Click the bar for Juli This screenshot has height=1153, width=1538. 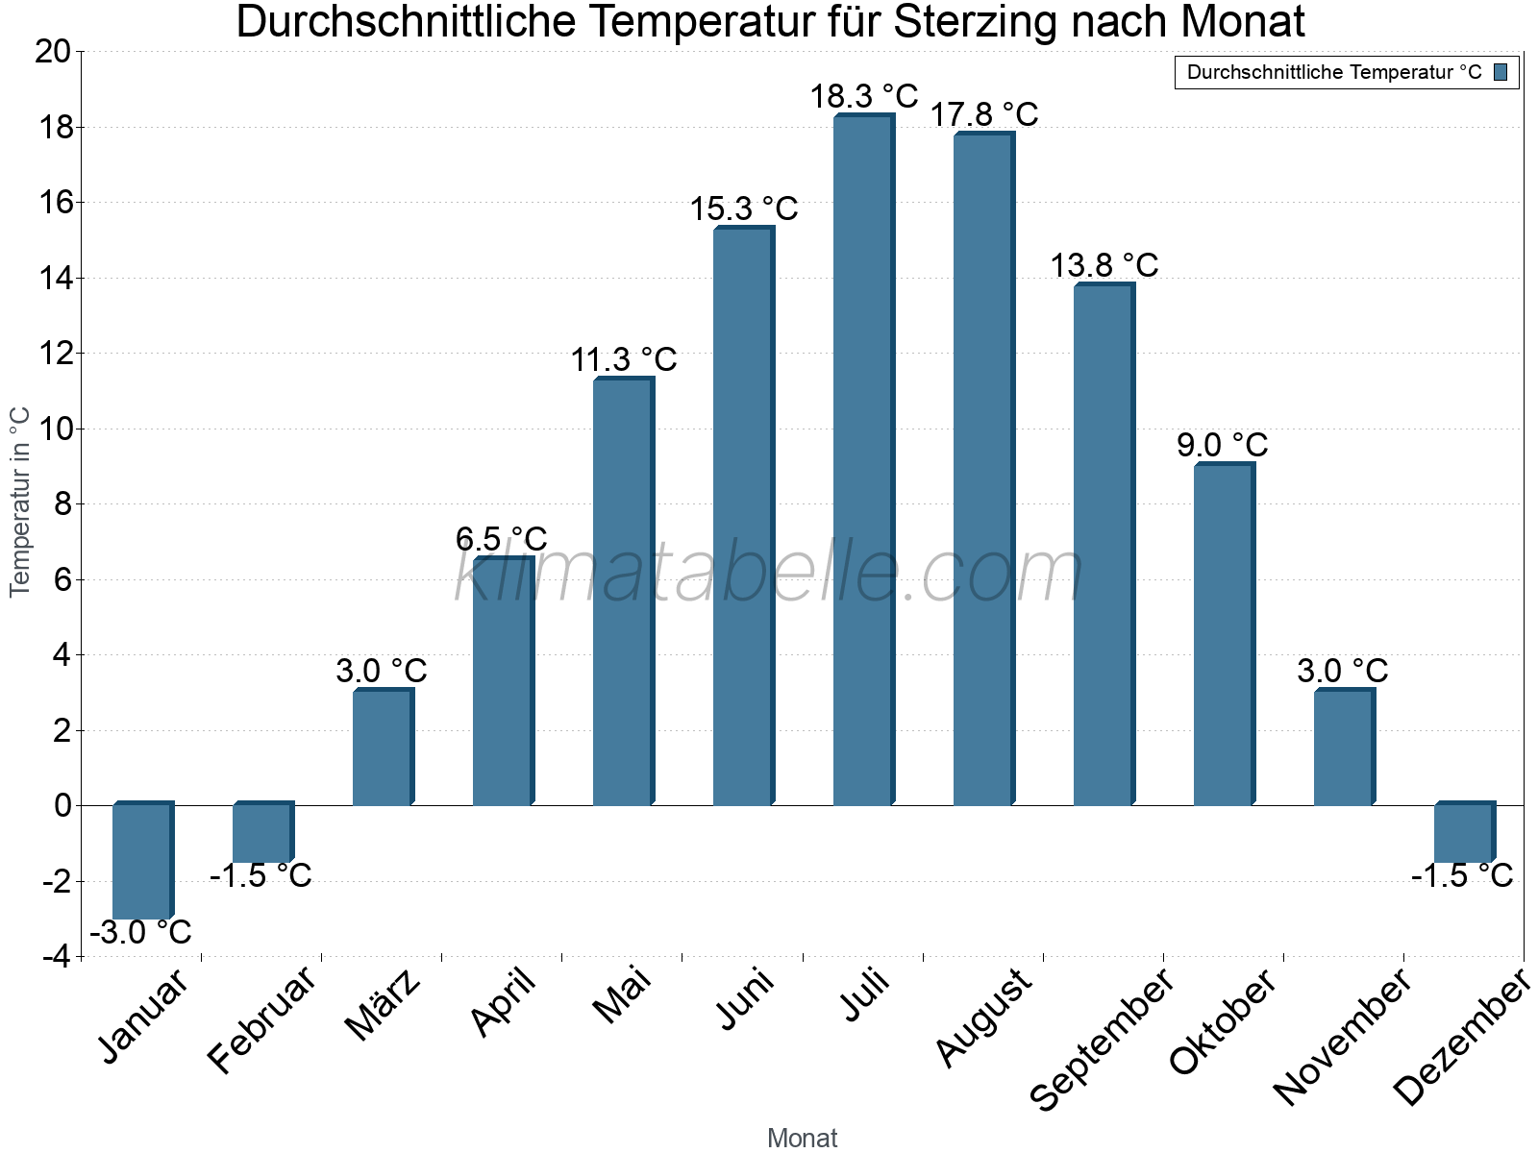tap(862, 461)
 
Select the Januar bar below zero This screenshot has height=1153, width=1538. tap(141, 861)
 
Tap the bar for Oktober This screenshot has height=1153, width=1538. tap(1223, 634)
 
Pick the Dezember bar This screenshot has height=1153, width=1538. tap(1463, 833)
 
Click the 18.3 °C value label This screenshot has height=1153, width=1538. tap(863, 96)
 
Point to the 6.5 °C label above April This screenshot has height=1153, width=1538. tap(501, 538)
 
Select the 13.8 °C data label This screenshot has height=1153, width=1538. tap(1104, 265)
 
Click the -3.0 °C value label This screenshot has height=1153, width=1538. tap(140, 932)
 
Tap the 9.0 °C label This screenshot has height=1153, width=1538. tap(1222, 445)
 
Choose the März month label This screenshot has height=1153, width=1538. tap(383, 1005)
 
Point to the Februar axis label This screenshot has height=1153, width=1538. tap(261, 1019)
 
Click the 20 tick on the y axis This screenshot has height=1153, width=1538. tap(53, 52)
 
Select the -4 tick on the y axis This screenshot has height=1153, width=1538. tap(56, 957)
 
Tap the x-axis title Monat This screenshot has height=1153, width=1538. tap(802, 1139)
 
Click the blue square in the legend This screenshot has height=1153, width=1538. tap(1501, 72)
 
